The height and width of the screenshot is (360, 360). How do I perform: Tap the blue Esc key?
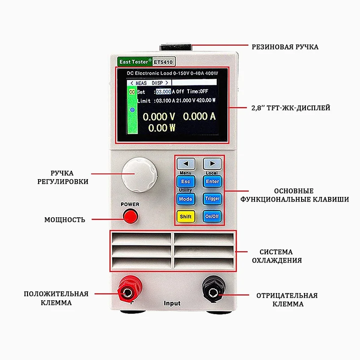tap(186, 181)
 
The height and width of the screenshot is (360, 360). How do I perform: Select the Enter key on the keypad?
tap(212, 181)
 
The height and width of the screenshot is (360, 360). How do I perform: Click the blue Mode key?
tap(186, 199)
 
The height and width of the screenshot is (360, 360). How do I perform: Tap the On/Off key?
tap(212, 216)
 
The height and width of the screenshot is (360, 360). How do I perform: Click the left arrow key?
tap(186, 163)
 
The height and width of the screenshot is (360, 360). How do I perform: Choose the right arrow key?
tap(212, 163)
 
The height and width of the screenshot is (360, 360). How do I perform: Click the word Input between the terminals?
tap(172, 303)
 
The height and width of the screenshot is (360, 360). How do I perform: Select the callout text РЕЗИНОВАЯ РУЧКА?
tap(285, 47)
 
